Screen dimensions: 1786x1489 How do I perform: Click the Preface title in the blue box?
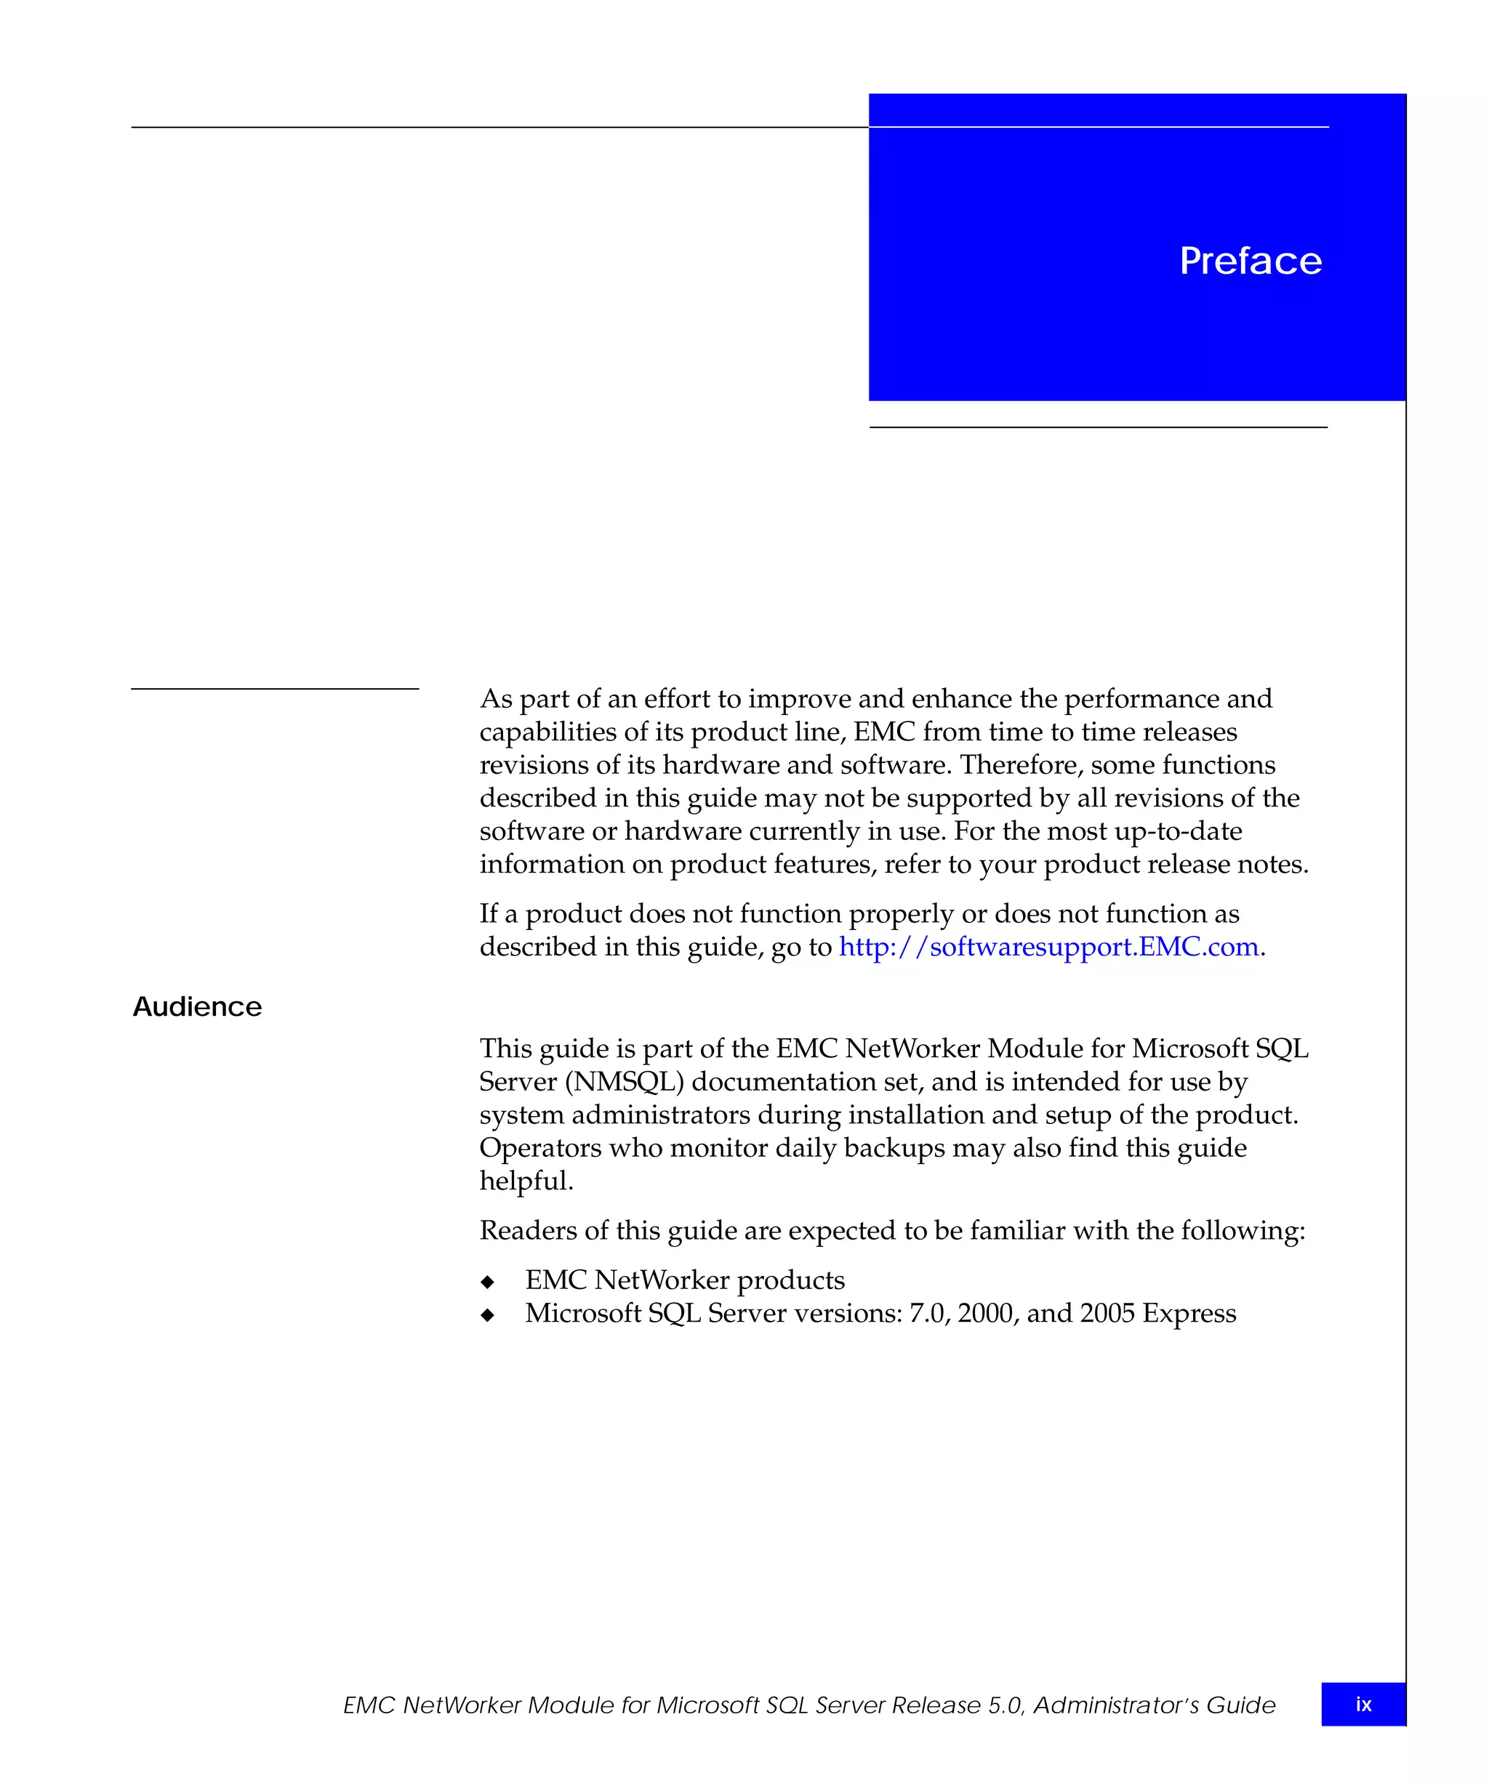click(x=1250, y=261)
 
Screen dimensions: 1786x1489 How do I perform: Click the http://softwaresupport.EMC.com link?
click(x=1048, y=947)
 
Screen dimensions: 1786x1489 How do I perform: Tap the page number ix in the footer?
click(x=1363, y=1705)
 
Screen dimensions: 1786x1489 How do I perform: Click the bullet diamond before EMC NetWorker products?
click(x=488, y=1282)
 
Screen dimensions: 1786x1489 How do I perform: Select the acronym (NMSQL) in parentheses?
click(x=625, y=1082)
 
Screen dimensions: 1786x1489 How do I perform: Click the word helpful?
click(x=526, y=1181)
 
